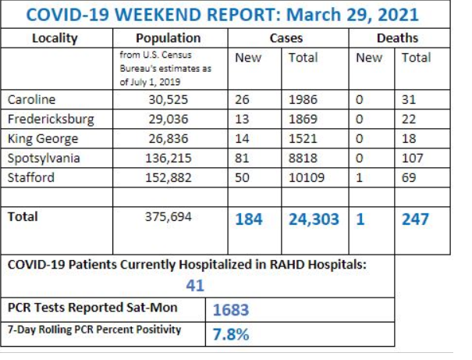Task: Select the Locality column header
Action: point(55,37)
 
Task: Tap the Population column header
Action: point(168,37)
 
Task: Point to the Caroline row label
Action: point(29,99)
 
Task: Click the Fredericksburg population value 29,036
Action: point(168,119)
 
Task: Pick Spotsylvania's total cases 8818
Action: point(303,159)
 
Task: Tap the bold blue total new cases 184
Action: point(249,219)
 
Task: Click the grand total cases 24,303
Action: point(314,219)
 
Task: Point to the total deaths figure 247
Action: point(415,219)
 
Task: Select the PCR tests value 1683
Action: point(231,310)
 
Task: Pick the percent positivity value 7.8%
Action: point(231,334)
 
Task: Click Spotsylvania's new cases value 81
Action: point(243,159)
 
